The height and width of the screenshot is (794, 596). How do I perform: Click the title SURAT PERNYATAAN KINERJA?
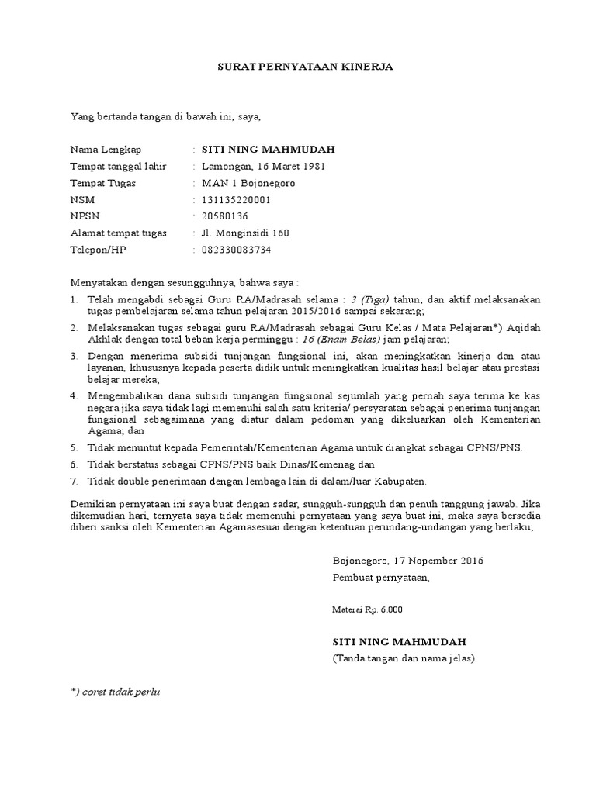coord(305,67)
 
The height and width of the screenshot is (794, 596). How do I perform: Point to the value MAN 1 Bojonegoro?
coord(248,184)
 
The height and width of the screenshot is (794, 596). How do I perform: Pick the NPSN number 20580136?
coord(225,216)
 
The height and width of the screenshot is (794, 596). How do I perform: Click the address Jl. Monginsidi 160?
coord(246,233)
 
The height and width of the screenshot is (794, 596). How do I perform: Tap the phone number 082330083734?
coord(237,250)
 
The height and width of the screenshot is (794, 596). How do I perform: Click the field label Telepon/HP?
coord(97,250)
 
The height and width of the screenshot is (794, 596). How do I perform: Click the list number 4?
coord(74,395)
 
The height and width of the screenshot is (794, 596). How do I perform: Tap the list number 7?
coord(74,482)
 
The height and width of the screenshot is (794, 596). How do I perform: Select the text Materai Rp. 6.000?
coord(367,609)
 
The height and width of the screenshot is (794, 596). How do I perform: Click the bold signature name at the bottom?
coord(400,643)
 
